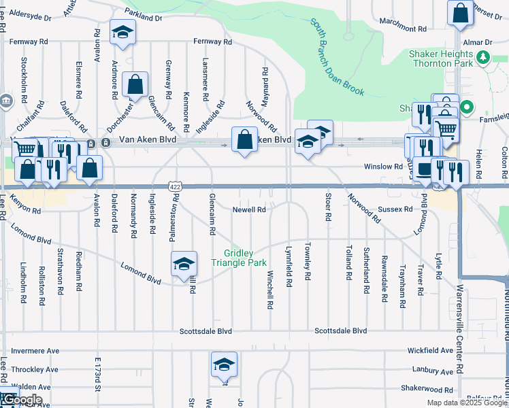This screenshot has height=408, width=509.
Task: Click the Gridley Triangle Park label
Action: click(238, 258)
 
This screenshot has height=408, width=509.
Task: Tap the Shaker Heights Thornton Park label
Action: click(440, 58)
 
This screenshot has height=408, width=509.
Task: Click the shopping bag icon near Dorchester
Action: click(135, 86)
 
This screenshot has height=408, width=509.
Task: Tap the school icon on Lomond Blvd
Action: click(184, 264)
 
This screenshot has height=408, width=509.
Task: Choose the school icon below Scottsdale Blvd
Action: click(223, 364)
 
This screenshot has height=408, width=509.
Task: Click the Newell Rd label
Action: click(249, 210)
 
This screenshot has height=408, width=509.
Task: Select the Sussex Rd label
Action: click(399, 209)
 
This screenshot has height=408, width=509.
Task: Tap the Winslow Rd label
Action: click(383, 166)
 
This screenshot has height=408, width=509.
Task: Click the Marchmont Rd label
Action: click(403, 29)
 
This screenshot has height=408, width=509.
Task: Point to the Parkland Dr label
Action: click(144, 13)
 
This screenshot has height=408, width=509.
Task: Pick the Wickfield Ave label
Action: click(431, 351)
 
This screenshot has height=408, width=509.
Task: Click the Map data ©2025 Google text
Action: click(466, 403)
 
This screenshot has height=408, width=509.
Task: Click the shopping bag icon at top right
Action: click(460, 12)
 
